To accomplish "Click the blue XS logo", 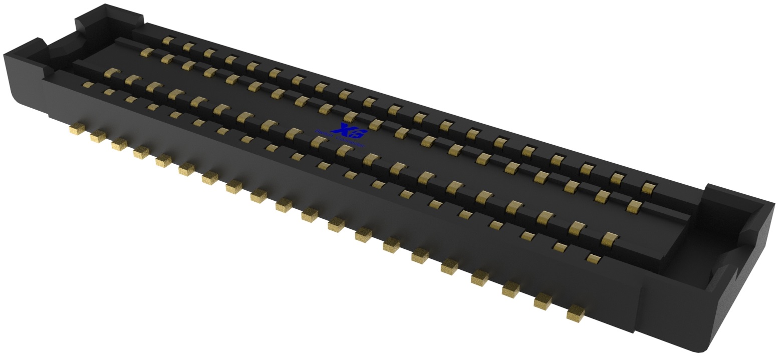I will [353, 132].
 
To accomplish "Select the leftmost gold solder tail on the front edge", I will [76, 129].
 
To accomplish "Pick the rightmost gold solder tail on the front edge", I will [576, 313].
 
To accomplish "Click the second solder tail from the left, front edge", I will [98, 136].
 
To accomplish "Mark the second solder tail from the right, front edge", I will [543, 301].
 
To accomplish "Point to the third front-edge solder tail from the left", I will [119, 144].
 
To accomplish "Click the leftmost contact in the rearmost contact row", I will [168, 41].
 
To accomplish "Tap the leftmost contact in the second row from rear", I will [146, 52].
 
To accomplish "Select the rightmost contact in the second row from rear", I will [634, 205].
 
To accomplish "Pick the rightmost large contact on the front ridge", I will [609, 238].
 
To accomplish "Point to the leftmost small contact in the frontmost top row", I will [88, 85].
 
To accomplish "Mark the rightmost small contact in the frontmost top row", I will [593, 258].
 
